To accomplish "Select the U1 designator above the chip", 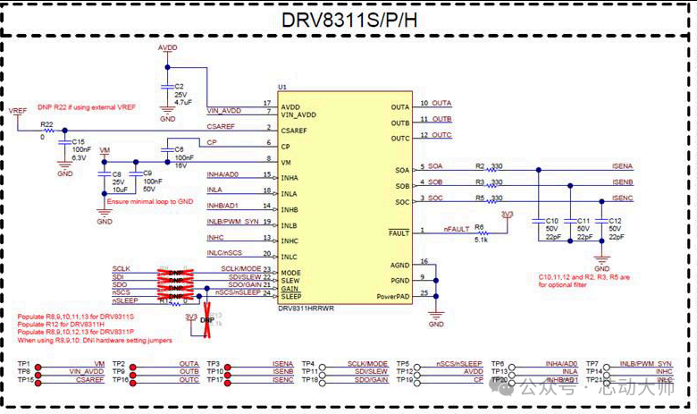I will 282,87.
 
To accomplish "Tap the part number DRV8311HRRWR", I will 306,308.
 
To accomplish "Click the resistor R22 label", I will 47,124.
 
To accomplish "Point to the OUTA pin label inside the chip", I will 400,107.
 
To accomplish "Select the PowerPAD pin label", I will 393,295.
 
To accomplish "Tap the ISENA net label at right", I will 622,166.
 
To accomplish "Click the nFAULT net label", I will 457,230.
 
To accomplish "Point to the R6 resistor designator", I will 480,227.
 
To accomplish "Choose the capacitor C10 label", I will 551,220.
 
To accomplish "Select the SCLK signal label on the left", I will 122,268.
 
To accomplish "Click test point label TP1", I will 24,364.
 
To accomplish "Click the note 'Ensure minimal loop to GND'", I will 148,202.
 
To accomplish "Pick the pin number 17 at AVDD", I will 267,104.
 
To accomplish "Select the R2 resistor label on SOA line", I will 480,165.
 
